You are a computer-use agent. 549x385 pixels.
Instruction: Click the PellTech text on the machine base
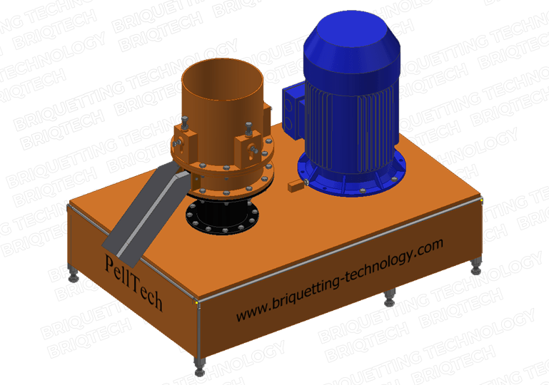pos(134,279)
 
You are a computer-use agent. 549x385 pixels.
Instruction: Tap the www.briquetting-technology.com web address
pos(340,280)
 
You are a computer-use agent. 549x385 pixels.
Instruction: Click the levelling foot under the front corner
pos(199,369)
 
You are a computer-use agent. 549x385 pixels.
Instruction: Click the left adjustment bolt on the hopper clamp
pos(184,125)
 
